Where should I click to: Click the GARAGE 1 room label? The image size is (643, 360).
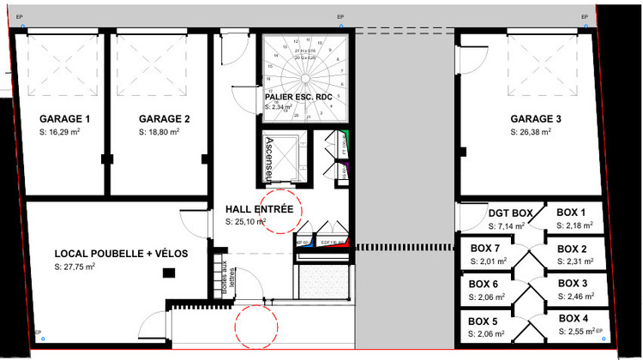coord(64,119)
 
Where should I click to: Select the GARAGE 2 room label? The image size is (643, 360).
coord(164,119)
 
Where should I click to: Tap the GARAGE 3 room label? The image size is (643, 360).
coord(536,119)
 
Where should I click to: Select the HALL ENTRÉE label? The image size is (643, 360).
coord(259,209)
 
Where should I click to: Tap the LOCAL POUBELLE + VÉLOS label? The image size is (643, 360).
coord(121,255)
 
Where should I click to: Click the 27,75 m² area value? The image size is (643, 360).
coord(75,267)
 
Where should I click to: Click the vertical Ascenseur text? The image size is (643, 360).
coord(269,159)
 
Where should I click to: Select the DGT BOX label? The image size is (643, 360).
coord(510,213)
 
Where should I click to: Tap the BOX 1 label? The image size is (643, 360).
coord(571,213)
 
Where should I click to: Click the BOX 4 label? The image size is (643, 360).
coord(573,319)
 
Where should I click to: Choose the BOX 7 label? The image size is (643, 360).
coord(485,249)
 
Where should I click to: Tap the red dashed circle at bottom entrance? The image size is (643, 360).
coord(255,324)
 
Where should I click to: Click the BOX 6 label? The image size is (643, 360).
coord(484,285)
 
